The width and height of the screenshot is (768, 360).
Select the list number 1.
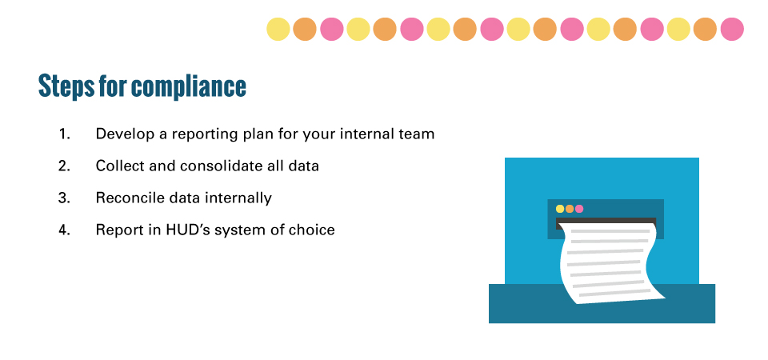(x=64, y=134)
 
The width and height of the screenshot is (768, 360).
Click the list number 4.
(x=64, y=230)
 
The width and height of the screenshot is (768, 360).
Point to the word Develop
(x=125, y=134)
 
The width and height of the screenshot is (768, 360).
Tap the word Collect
(x=118, y=166)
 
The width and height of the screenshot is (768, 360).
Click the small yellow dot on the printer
(x=560, y=209)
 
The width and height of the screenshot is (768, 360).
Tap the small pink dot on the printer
(x=579, y=209)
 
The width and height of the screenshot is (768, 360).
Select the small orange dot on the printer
(x=569, y=209)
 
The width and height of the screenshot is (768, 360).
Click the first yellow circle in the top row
(x=278, y=29)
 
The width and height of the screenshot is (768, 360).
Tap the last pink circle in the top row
(x=732, y=29)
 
